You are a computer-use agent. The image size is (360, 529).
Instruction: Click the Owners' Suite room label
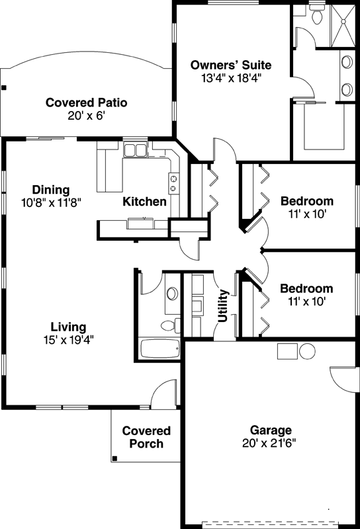[x=231, y=65]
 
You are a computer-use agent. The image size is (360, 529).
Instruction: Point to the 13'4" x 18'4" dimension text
[x=231, y=77]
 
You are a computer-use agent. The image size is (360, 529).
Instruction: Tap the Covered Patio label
[x=86, y=102]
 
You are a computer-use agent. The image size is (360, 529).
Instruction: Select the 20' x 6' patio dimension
[x=86, y=115]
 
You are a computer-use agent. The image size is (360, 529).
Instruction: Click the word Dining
[x=50, y=190]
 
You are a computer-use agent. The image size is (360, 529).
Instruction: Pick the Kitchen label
[x=144, y=201]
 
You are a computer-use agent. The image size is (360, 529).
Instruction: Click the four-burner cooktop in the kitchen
[x=173, y=183]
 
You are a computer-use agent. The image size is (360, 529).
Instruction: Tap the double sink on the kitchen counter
[x=136, y=150]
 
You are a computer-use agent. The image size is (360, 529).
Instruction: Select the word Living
[x=69, y=327]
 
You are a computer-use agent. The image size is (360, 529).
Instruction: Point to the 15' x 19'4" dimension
[x=69, y=340]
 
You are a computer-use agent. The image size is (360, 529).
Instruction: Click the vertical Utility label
[x=223, y=305]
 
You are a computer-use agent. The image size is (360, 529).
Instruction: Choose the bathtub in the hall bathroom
[x=159, y=349]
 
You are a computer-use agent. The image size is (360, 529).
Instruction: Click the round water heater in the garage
[x=307, y=351]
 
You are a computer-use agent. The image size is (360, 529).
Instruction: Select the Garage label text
[x=270, y=429]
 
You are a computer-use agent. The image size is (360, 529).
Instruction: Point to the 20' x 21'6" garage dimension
[x=270, y=442]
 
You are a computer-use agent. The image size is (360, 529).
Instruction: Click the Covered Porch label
[x=146, y=437]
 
